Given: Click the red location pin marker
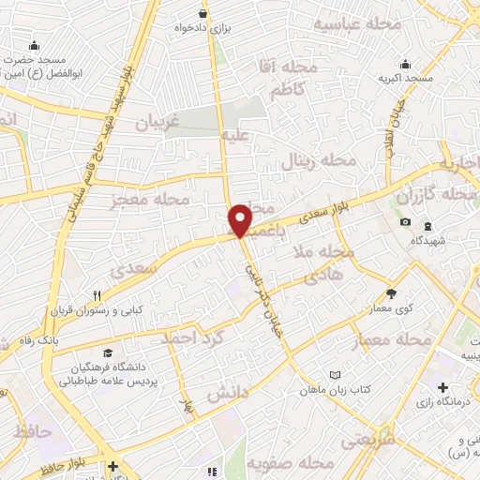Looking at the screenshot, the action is [x=241, y=219].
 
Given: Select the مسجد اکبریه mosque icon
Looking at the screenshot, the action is [x=404, y=64].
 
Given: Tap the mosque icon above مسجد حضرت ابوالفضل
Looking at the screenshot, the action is [x=35, y=45].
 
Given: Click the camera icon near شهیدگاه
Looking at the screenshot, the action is [x=405, y=221].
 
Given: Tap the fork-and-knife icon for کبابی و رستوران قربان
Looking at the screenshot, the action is [x=110, y=293].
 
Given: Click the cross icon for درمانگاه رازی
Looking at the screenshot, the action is [x=442, y=386].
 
